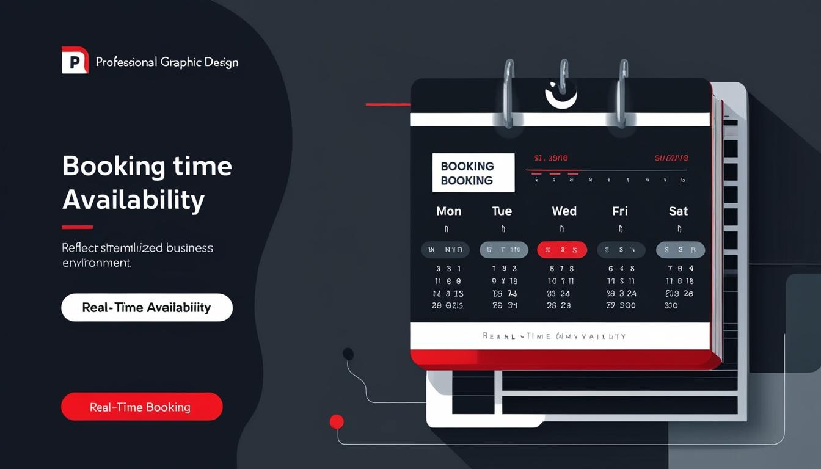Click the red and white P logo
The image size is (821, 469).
75,60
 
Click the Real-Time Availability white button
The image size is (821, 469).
147,307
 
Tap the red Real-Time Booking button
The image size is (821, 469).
142,407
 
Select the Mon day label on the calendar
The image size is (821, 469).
449,211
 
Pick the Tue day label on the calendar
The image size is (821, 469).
502,211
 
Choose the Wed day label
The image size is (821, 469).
564,211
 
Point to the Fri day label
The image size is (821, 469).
620,211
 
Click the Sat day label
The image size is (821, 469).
678,211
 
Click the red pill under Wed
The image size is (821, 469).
562,250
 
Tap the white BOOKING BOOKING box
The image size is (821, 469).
473,173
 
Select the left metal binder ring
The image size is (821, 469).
507,92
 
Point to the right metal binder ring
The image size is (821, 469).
622,92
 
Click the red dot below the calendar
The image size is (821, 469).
337,421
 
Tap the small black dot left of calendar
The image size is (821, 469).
348,354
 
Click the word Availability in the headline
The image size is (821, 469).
133,200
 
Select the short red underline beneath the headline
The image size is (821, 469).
78,227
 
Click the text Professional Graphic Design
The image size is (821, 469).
167,62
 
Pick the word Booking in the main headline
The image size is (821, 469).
114,166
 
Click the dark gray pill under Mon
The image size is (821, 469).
445,250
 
